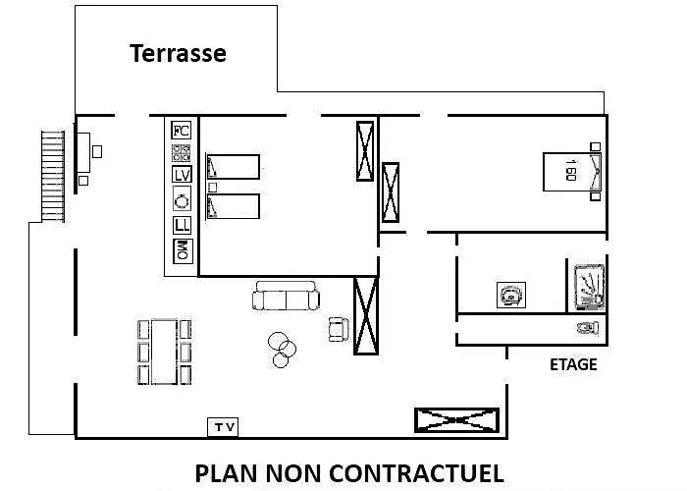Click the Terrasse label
[x=178, y=53]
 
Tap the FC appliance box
[x=181, y=131]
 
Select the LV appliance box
[x=182, y=175]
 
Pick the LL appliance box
[x=182, y=225]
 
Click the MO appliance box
[x=183, y=251]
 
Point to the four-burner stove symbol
[x=181, y=152]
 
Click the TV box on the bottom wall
[x=223, y=427]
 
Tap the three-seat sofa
[x=286, y=296]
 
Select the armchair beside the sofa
[x=339, y=329]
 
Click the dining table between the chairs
[x=164, y=352]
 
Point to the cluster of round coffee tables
[x=282, y=350]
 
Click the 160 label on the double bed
[x=570, y=170]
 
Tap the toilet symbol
[x=588, y=328]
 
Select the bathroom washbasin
[x=511, y=295]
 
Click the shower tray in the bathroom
[x=589, y=287]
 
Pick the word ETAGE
[x=573, y=364]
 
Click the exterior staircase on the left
[x=53, y=176]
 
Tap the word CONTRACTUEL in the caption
[x=416, y=473]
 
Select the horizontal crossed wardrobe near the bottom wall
[x=456, y=420]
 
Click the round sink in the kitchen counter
[x=182, y=200]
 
